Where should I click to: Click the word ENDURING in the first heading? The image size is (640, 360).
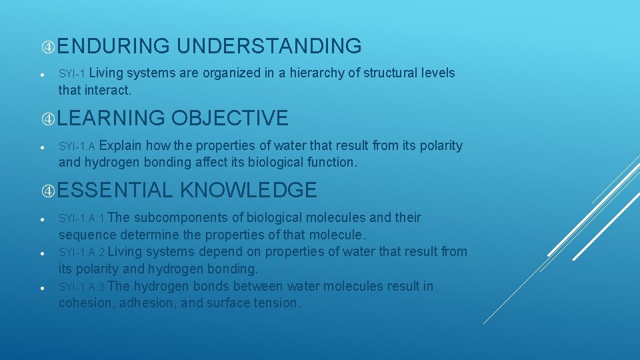pos(113,46)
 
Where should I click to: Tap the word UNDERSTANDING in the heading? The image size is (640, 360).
pos(269,46)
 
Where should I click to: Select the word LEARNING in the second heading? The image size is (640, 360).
pos(111,118)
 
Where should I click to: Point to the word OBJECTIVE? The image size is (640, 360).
pos(230,118)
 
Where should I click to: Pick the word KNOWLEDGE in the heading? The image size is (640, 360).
pos(248,190)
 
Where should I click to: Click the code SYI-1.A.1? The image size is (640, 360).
pos(81,219)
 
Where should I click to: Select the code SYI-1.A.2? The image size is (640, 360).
pos(81,253)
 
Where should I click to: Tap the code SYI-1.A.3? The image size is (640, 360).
pos(81,287)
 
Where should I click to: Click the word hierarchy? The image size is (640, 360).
pos(309,73)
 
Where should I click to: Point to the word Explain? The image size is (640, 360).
pos(124,145)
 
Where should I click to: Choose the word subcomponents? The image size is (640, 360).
pos(189,218)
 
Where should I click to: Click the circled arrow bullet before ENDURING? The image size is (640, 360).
pos(48,47)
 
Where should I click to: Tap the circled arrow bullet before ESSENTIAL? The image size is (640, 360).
pos(48,191)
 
